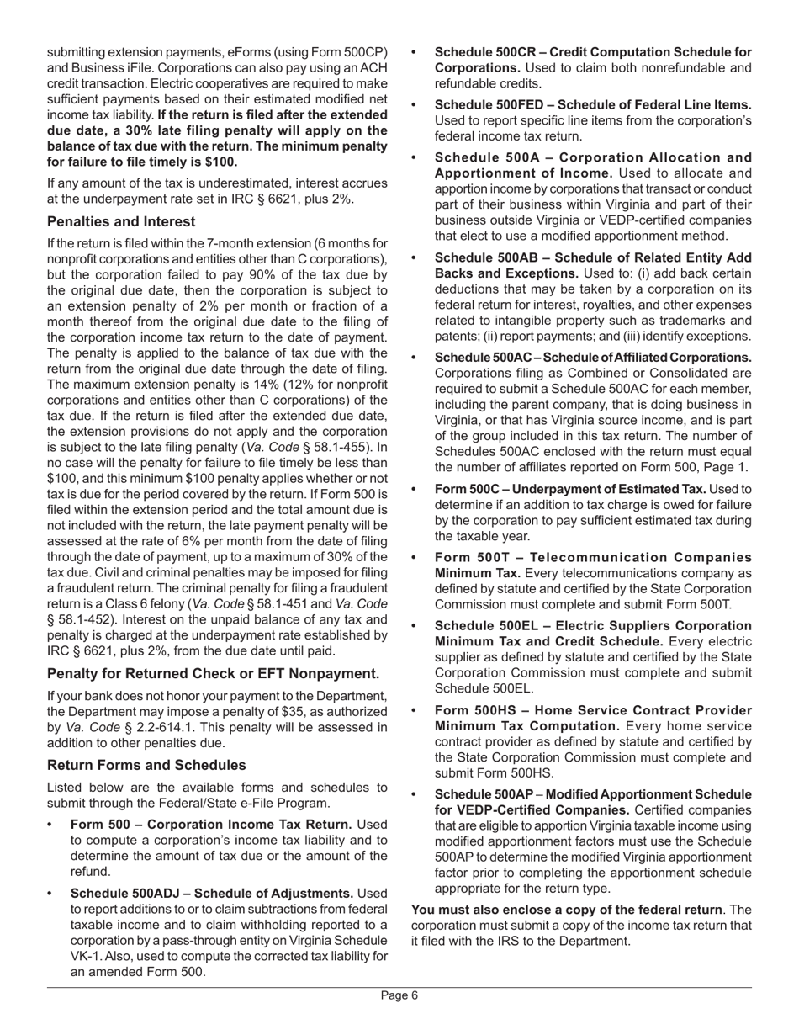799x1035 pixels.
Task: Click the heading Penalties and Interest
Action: tap(121, 221)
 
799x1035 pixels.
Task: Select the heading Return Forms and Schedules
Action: tap(146, 765)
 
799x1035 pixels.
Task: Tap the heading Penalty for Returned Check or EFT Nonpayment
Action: tap(213, 673)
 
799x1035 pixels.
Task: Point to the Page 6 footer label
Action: tap(399, 995)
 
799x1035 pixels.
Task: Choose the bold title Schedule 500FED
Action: tap(593, 104)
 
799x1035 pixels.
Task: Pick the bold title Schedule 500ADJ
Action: tap(212, 893)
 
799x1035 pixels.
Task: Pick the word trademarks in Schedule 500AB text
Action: tap(715, 321)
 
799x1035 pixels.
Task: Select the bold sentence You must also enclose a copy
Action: tap(566, 910)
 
